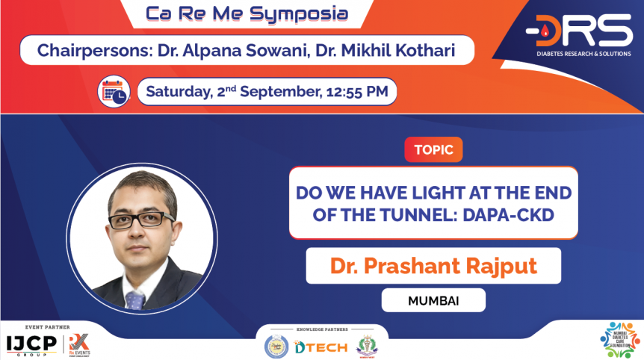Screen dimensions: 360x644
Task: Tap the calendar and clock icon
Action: coord(114,92)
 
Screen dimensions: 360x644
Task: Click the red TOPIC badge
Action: coord(433,149)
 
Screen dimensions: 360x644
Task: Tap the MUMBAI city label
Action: coord(433,301)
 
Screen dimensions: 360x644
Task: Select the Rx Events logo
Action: coord(78,344)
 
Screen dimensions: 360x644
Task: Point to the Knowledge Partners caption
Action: coord(322,329)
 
